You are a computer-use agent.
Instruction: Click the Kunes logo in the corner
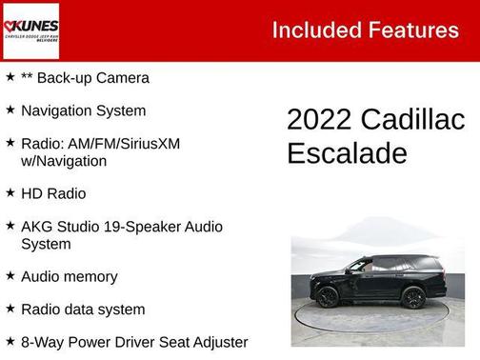coord(31,30)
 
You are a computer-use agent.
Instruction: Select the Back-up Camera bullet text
coord(85,78)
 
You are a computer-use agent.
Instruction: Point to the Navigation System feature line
coord(83,110)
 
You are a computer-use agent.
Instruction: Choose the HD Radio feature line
coord(53,193)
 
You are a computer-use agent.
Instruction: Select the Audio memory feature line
coord(69,276)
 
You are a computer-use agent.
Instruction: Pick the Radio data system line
coord(83,310)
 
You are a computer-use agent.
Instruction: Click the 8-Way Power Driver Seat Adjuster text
coord(134,342)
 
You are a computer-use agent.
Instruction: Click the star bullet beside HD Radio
coord(10,192)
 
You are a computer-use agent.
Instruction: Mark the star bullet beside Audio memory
coord(10,275)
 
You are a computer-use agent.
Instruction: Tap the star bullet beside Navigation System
coord(10,110)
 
